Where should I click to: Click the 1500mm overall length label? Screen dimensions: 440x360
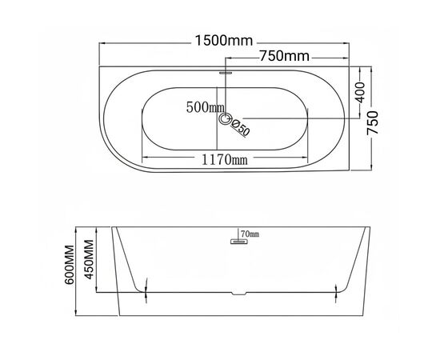coord(224,41)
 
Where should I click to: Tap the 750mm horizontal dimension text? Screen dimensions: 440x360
coord(284,56)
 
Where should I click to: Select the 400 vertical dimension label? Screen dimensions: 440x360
coord(360,92)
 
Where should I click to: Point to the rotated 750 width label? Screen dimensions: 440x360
coord(373,123)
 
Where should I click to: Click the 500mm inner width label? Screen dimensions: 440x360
coord(205,107)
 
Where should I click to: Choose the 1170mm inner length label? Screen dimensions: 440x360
coord(225,160)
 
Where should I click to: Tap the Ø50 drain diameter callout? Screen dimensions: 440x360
coord(240,128)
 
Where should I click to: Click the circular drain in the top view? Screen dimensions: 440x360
coord(225,118)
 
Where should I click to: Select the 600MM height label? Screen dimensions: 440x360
coord(70,265)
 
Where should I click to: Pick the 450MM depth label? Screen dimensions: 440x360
coord(90,259)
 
